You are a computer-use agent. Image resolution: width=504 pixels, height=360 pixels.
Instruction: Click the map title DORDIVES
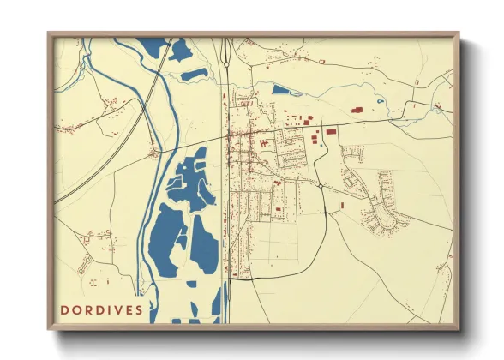point(102,309)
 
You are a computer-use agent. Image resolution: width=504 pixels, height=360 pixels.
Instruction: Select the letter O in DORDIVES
point(77,309)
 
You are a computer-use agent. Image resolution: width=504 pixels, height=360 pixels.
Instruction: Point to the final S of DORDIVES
point(139,309)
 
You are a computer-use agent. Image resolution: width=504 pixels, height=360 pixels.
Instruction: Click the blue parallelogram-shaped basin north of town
point(281,88)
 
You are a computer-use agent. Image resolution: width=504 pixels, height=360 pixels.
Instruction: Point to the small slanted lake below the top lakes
point(195,74)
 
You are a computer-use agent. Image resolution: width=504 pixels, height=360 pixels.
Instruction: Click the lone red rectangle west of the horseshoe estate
point(340,205)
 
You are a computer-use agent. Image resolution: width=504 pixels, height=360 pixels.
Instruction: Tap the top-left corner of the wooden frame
point(49,34)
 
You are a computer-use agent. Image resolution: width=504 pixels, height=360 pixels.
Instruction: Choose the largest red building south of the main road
point(315,140)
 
